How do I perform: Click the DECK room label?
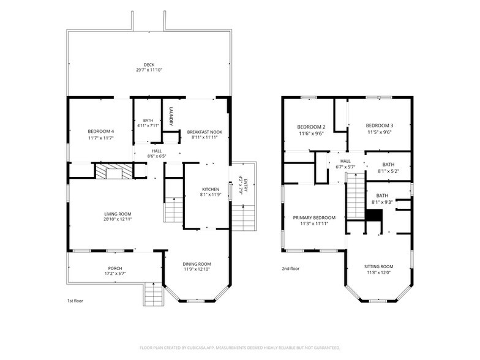coord(149,65)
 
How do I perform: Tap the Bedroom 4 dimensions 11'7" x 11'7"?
coord(101,138)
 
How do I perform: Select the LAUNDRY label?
coord(171,116)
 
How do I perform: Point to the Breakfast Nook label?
coord(204,132)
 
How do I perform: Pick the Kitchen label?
coord(211,190)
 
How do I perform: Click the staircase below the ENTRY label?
coord(244,218)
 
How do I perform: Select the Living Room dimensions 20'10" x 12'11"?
coord(118,219)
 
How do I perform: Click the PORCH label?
coord(115,268)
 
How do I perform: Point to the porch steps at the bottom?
coord(153,294)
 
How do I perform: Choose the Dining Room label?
coord(197,264)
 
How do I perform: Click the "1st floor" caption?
coord(75,301)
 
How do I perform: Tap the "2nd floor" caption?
coord(290,269)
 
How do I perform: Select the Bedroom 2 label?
coord(311,127)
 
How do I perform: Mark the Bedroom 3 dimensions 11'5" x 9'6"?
coord(380,132)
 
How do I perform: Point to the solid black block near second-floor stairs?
coord(374,215)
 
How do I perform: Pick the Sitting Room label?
coord(378,267)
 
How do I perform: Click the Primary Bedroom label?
coord(314,218)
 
